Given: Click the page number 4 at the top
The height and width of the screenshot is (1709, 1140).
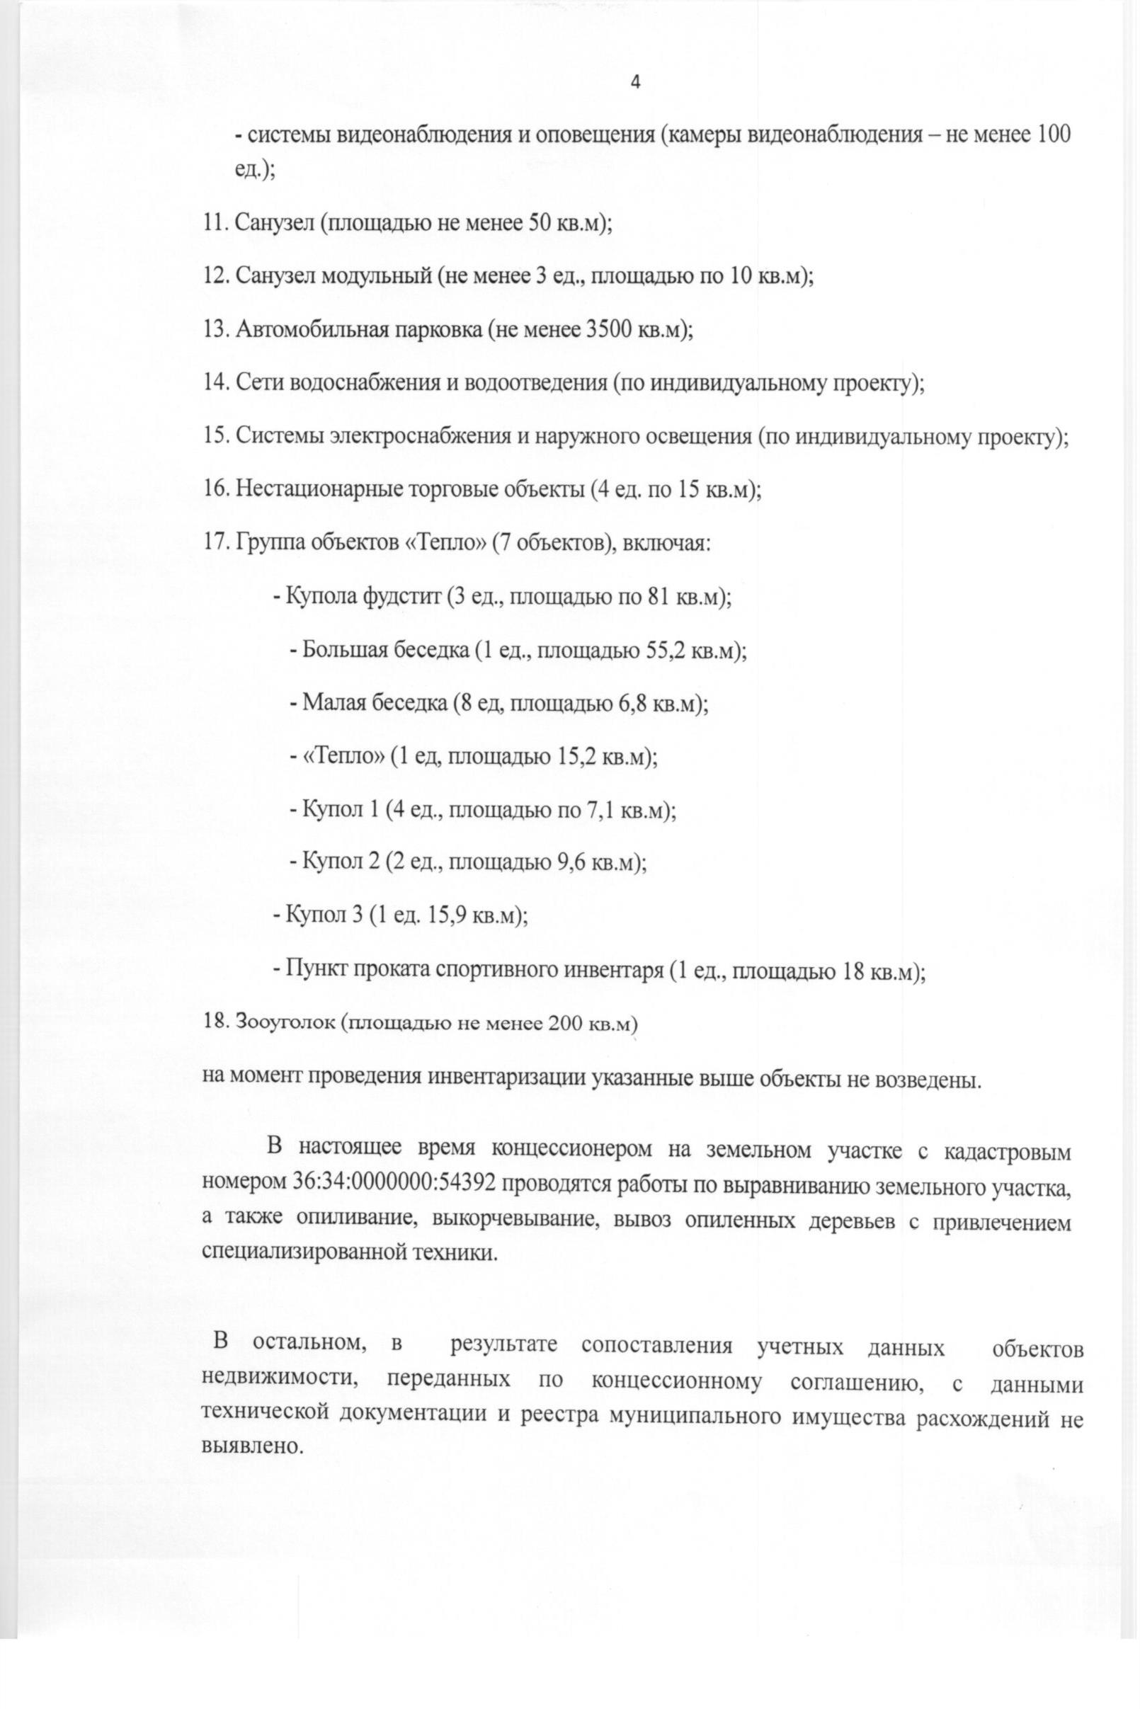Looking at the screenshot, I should pyautogui.click(x=634, y=83).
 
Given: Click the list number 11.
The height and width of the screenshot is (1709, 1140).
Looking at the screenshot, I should pyautogui.click(x=216, y=222).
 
